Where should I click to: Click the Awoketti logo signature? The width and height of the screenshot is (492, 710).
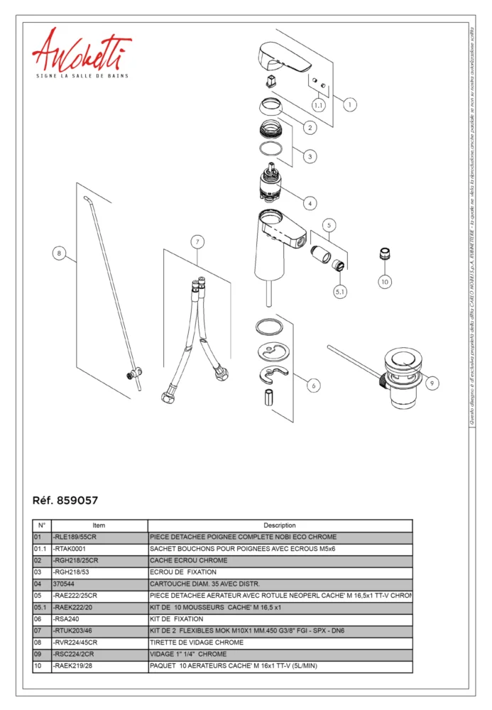[x=81, y=52]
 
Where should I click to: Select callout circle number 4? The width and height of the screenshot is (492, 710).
[x=310, y=203]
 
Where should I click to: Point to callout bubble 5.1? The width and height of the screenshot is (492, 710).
[x=341, y=290]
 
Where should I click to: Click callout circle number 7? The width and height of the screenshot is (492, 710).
[x=198, y=242]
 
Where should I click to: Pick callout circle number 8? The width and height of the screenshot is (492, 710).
[x=60, y=253]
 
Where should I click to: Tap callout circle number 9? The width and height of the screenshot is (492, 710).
[x=432, y=383]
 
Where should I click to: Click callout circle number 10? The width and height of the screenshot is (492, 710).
[x=384, y=281]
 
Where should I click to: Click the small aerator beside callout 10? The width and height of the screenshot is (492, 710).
[x=384, y=253]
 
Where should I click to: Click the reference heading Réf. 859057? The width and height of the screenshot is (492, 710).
[x=65, y=500]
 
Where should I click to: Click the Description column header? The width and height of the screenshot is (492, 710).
[x=279, y=525]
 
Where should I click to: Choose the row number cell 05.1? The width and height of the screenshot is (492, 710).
[x=42, y=607]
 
